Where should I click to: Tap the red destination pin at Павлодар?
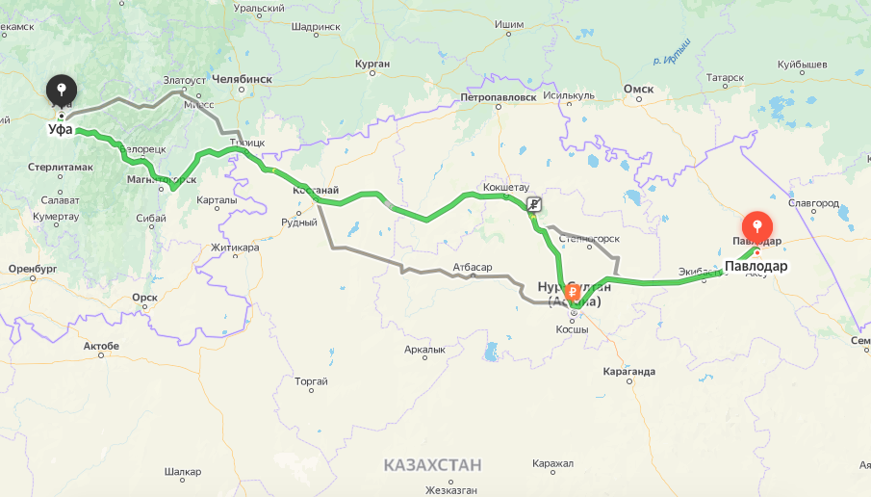point(757,225)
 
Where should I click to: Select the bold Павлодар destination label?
point(756,266)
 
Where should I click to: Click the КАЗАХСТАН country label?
point(432,465)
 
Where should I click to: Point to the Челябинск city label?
point(242,79)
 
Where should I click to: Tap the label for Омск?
point(638,89)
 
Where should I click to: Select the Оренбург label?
point(34,268)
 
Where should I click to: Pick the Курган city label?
point(371,64)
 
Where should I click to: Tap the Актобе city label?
point(101,345)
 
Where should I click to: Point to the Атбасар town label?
point(473,266)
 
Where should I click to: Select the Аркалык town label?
point(425,350)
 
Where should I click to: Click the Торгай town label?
point(311,381)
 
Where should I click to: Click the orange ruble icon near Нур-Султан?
point(574,291)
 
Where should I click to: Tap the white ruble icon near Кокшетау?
point(534,204)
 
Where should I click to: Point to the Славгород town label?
point(813,203)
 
